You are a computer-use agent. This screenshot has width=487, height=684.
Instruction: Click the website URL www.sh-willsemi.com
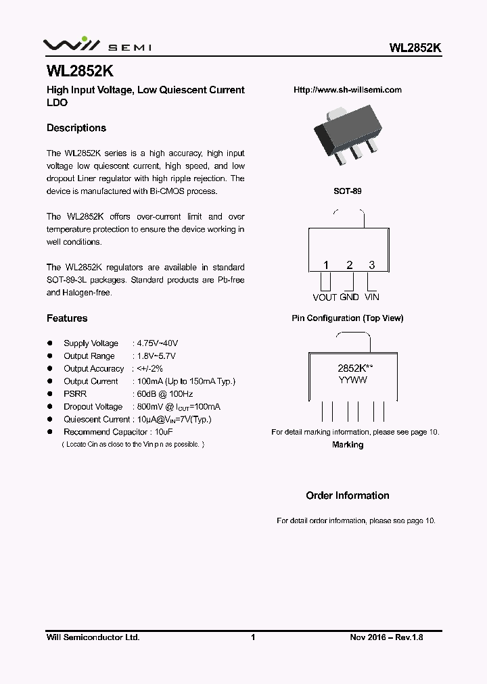point(348,90)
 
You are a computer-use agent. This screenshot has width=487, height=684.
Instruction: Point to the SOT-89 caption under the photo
point(348,191)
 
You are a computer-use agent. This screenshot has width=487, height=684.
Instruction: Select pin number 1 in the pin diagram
point(325,266)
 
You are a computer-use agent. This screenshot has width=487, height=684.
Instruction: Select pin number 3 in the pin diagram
point(371,266)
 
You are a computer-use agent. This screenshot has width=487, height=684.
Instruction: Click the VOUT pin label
point(325,297)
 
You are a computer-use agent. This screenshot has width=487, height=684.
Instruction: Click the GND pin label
point(349,297)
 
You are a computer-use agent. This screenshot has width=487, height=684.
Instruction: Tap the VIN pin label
point(372,297)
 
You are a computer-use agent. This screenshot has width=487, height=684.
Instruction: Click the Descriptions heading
point(76,128)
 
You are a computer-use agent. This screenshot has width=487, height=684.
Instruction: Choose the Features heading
point(67,318)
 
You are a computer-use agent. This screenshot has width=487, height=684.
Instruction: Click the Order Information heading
point(348,496)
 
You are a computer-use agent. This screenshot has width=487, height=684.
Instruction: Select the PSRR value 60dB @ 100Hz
point(165,394)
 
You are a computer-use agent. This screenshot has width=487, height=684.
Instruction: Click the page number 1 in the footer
point(252,637)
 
